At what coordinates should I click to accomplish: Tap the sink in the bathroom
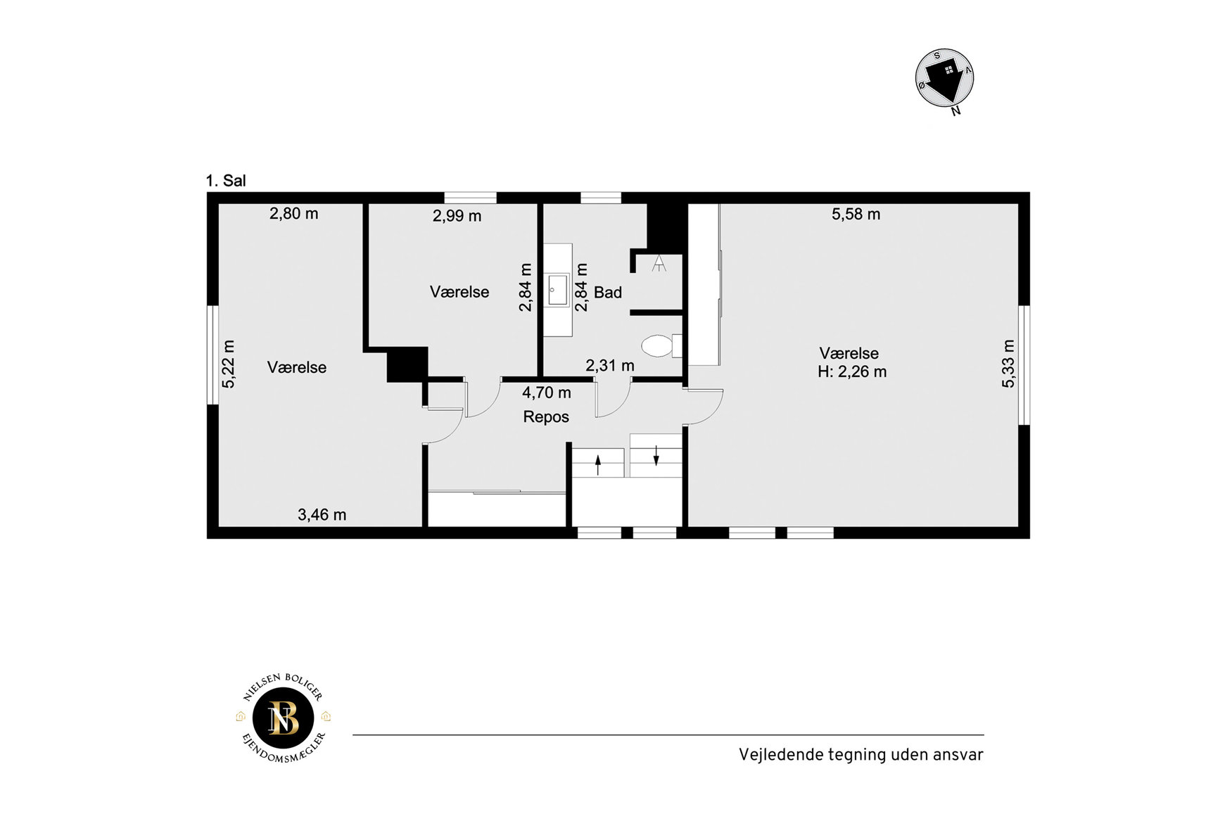(559, 290)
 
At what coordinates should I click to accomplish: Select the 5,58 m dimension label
(856, 214)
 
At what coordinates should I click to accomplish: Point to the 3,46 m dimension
(322, 514)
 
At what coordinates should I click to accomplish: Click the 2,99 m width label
(457, 216)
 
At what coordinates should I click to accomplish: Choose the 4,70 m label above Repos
(546, 393)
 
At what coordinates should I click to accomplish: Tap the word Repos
(546, 416)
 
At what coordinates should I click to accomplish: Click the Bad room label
(608, 292)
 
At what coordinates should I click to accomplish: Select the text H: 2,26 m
(852, 371)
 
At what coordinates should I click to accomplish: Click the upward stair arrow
(598, 465)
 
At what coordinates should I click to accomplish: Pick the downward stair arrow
(656, 455)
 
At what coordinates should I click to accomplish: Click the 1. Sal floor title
(225, 181)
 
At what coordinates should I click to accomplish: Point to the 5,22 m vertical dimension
(228, 364)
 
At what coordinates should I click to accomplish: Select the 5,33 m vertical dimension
(1008, 364)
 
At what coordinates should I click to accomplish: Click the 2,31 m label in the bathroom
(610, 365)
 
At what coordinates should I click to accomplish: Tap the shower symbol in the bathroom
(659, 264)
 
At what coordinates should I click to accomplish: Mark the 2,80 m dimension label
(293, 213)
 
